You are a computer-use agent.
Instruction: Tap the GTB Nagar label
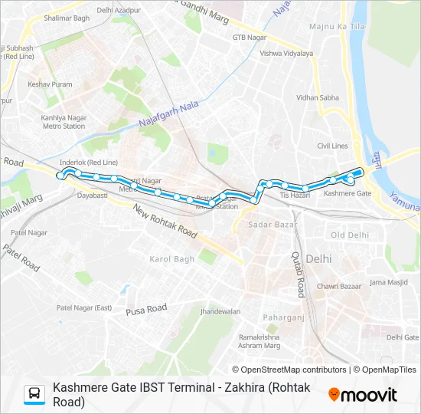(249, 37)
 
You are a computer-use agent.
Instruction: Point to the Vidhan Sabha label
(318, 98)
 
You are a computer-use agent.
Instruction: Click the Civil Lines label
(332, 146)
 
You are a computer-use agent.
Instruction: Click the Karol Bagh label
(171, 259)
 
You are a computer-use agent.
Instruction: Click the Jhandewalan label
(220, 312)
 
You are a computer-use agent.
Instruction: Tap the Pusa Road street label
(146, 308)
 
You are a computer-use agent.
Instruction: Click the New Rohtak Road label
(164, 219)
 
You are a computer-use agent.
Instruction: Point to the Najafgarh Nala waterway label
(168, 114)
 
